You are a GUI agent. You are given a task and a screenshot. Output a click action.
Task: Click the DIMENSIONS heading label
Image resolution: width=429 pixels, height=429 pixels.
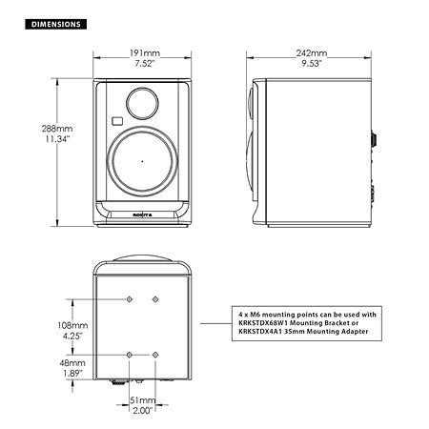click(53, 21)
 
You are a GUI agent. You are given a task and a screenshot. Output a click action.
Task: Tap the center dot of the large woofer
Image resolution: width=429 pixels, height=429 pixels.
click(142, 162)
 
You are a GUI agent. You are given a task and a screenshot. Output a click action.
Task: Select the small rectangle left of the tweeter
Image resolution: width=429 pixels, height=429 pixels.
click(114, 121)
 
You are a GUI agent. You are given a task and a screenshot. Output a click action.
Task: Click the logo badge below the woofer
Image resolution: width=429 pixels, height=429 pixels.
click(142, 217)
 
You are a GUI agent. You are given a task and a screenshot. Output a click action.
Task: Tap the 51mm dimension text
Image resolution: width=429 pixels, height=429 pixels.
click(142, 400)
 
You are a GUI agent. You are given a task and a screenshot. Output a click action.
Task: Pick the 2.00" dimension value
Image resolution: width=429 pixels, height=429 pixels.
click(142, 412)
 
